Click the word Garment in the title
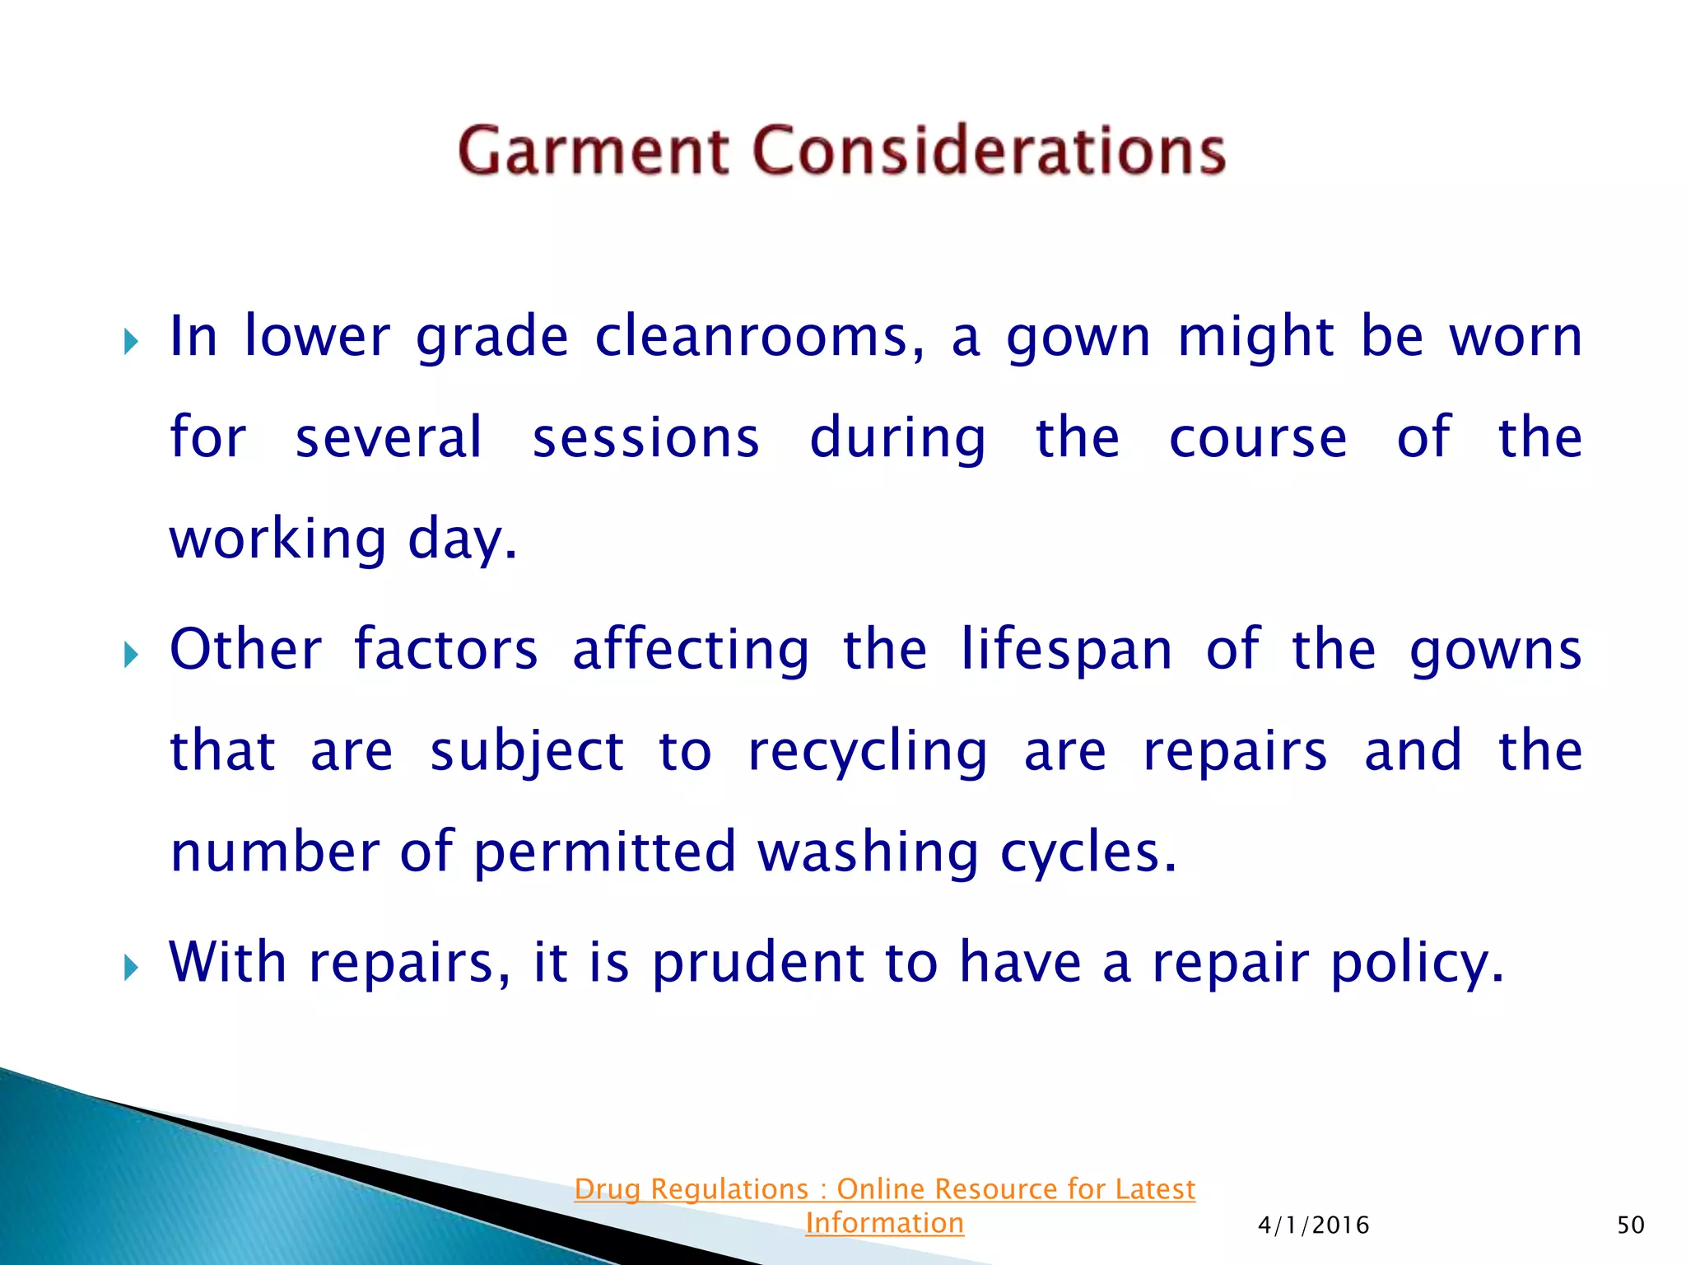593,152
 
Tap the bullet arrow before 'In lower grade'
131,341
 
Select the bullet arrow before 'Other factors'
131,655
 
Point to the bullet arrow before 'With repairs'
131,967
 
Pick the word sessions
645,438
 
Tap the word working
277,540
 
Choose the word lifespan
1067,651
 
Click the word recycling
868,753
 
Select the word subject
527,753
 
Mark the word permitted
605,852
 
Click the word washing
868,852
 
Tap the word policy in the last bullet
1416,964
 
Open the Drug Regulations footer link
884,1189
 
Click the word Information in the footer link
884,1223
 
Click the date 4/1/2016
1313,1225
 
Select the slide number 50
1630,1225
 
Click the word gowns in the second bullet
1495,651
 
